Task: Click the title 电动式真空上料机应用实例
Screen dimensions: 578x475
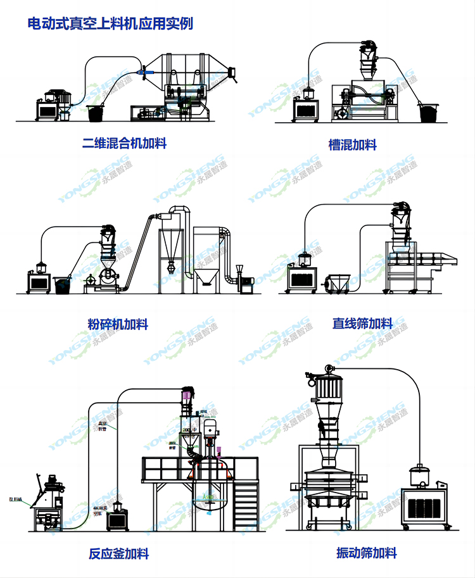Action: [x=110, y=24]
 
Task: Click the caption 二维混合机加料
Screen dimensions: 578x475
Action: [x=125, y=143]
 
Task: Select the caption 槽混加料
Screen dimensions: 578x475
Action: [x=353, y=145]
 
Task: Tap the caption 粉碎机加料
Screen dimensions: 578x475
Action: [x=118, y=325]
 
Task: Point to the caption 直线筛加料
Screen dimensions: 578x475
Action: [x=363, y=324]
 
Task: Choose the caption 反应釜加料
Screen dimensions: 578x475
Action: [x=119, y=554]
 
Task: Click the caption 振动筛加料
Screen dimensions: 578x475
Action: [x=367, y=553]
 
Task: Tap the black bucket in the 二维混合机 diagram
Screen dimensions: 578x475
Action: [x=95, y=113]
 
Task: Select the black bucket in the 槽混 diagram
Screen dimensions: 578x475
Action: [x=430, y=113]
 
